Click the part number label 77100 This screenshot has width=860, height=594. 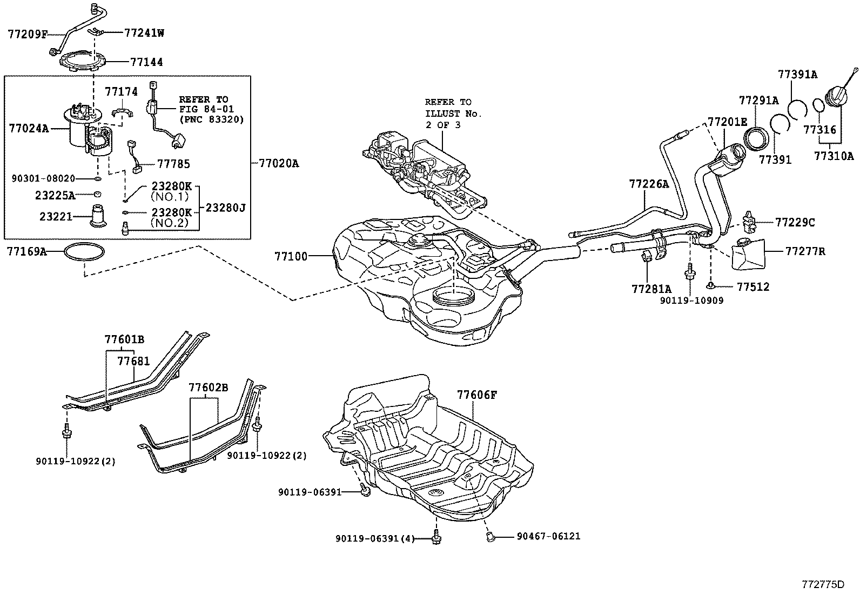(292, 256)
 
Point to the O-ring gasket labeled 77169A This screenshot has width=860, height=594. (84, 252)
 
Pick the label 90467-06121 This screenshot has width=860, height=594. (548, 536)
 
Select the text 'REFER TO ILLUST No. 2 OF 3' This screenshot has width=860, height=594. (453, 114)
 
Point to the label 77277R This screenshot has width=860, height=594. (805, 251)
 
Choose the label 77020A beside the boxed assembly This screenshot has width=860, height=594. (278, 163)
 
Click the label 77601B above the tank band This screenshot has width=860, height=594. (124, 339)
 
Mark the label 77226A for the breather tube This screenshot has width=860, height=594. (648, 184)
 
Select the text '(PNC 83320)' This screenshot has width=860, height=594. (211, 119)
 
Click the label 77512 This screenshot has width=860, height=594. (753, 286)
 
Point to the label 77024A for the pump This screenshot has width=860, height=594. (28, 129)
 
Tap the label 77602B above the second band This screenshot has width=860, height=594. (208, 388)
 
